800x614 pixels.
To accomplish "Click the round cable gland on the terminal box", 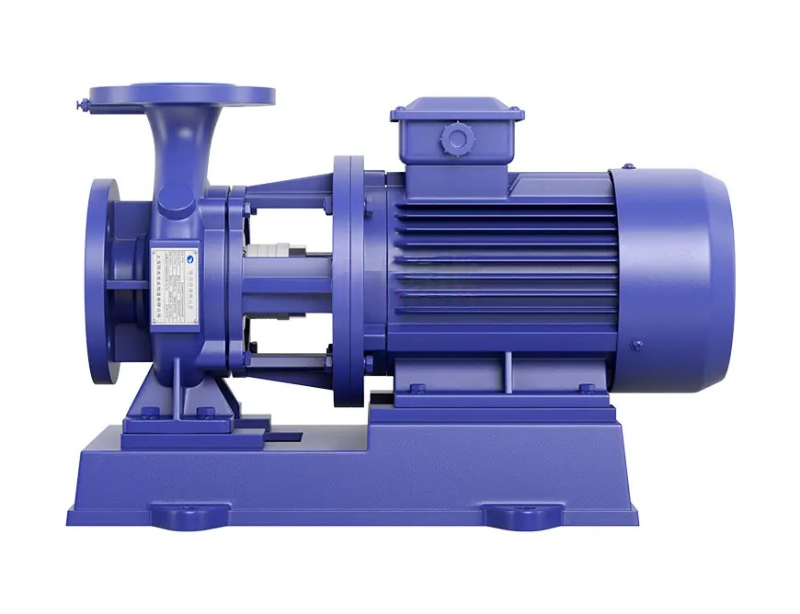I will [x=456, y=139].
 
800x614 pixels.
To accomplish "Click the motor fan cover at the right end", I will [x=672, y=280].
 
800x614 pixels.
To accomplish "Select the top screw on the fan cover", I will [x=627, y=167].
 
